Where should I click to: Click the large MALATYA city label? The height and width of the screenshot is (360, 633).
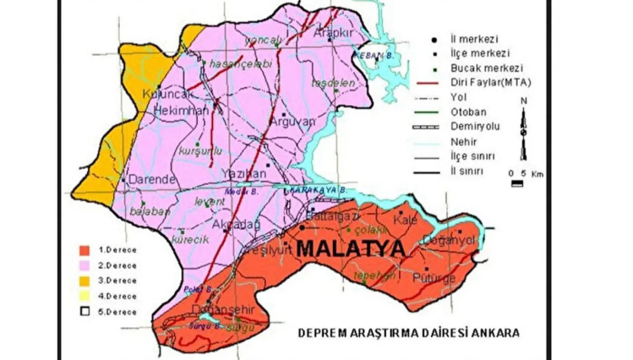(x=351, y=248)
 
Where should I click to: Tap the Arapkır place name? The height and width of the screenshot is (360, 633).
(x=332, y=32)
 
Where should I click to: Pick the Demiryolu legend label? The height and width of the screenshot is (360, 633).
(x=475, y=127)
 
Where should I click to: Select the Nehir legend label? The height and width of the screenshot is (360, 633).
(x=464, y=142)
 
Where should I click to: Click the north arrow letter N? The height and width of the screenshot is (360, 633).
(x=524, y=101)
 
